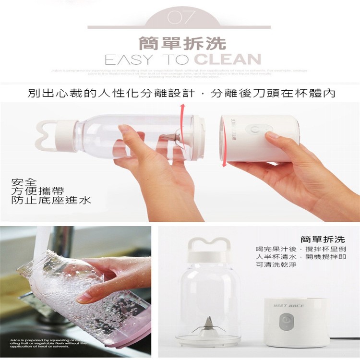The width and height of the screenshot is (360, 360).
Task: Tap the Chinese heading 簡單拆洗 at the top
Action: [182, 43]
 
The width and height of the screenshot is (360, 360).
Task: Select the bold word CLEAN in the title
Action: [228, 60]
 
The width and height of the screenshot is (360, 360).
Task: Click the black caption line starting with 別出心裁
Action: [181, 93]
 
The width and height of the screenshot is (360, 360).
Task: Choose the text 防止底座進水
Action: [51, 200]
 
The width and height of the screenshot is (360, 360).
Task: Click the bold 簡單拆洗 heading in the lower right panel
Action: [323, 239]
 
